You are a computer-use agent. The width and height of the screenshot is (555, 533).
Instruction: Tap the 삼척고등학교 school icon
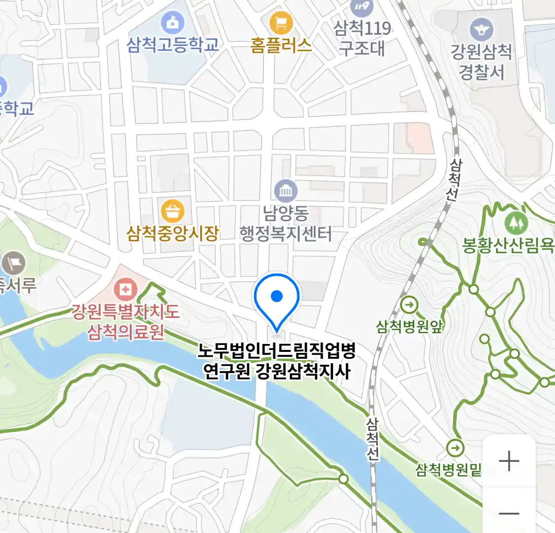[173, 23]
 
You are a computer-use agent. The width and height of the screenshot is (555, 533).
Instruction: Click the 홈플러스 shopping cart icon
[281, 23]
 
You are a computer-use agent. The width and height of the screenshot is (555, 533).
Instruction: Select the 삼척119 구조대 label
[362, 38]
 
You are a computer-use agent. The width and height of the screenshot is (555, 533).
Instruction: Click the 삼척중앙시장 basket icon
[173, 212]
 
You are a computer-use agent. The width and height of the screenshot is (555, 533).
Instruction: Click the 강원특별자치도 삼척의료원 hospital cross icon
[126, 289]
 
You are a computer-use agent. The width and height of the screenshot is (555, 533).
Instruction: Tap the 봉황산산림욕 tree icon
[516, 224]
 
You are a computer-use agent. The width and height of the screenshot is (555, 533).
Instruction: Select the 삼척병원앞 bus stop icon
[409, 305]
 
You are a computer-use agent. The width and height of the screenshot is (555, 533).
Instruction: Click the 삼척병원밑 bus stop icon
[455, 449]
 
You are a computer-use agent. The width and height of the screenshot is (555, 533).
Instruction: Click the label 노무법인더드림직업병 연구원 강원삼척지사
[277, 361]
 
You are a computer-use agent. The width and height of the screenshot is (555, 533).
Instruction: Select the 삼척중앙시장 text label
[173, 233]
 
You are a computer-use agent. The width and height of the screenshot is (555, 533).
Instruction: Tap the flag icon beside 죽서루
[13, 263]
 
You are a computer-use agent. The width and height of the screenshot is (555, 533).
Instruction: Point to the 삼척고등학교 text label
[173, 45]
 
